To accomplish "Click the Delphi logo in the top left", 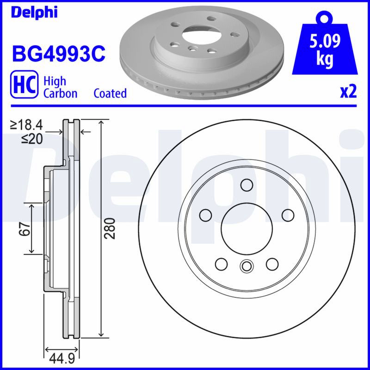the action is (34, 12).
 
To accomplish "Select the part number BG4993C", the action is (59, 54).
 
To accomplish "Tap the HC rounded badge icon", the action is (24, 84).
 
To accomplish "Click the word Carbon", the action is (61, 93).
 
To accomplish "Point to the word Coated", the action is (110, 93).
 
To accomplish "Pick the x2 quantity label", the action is (348, 92).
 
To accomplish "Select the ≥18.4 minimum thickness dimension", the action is (26, 125).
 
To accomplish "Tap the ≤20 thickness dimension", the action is (32, 139).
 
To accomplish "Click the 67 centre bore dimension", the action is (25, 228).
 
